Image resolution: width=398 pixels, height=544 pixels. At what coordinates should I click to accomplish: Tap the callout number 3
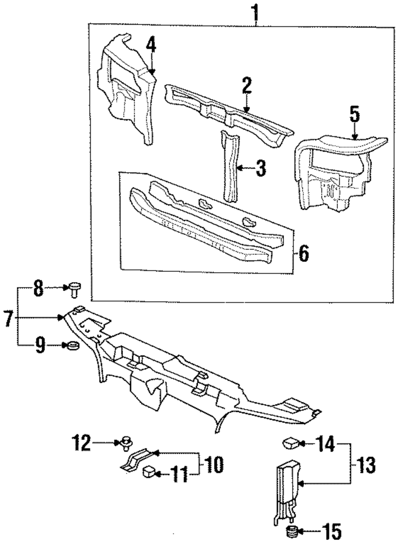click(x=261, y=168)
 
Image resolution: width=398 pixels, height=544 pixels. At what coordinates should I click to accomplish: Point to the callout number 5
click(x=355, y=115)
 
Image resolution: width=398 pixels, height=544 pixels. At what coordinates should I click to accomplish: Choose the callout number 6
click(x=303, y=253)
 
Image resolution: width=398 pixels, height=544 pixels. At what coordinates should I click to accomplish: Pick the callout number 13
click(x=368, y=464)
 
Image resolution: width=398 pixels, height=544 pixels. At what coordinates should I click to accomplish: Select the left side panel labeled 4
click(x=127, y=88)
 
